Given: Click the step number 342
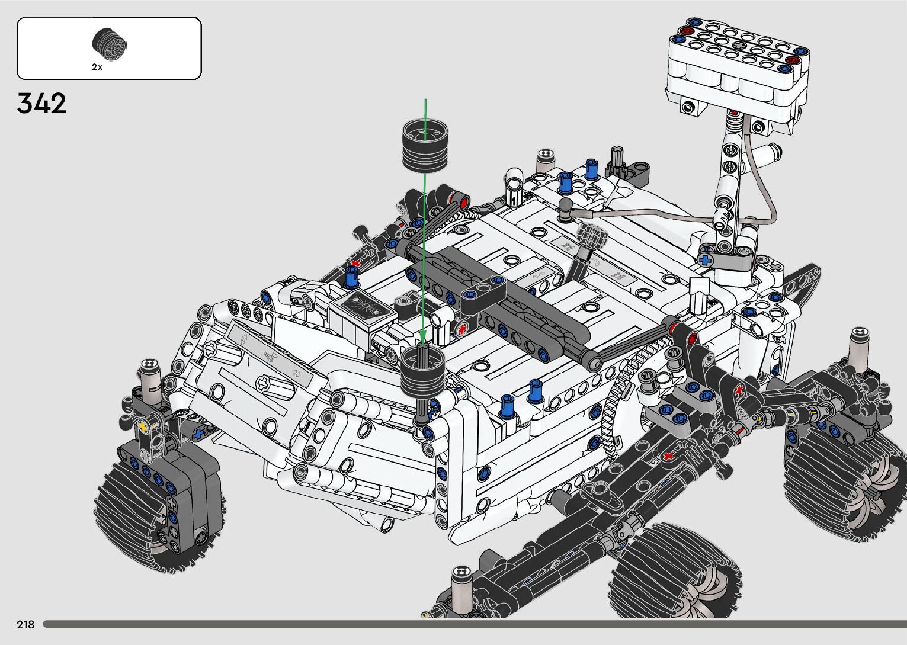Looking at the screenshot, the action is coord(41,103).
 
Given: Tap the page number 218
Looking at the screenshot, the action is coord(25,624).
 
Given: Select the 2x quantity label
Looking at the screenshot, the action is coord(97,67).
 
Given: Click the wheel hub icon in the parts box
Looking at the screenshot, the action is coord(110,44).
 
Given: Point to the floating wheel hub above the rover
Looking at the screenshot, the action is coord(425,145).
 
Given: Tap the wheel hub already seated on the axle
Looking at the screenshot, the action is coord(422,373).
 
